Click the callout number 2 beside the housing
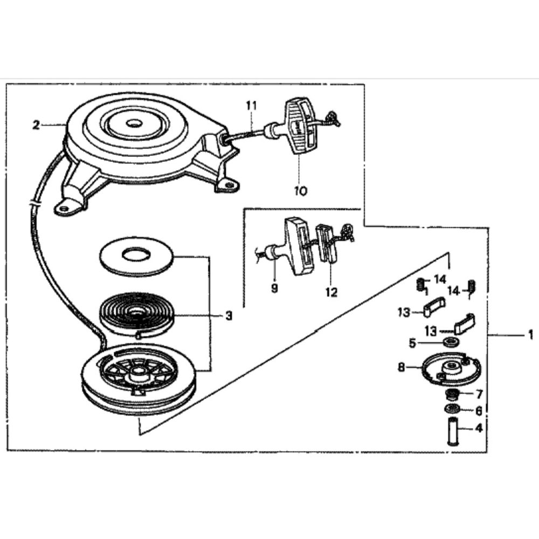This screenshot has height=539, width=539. (x=36, y=126)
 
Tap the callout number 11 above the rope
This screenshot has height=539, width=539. (x=251, y=106)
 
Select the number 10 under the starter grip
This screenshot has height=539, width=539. (x=300, y=190)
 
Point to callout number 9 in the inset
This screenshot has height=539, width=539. (x=274, y=289)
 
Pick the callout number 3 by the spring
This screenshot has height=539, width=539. (x=229, y=316)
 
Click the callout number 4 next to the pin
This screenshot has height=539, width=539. (x=478, y=429)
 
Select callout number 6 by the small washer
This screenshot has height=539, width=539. (x=478, y=410)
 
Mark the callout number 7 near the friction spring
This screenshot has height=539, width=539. (x=478, y=394)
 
